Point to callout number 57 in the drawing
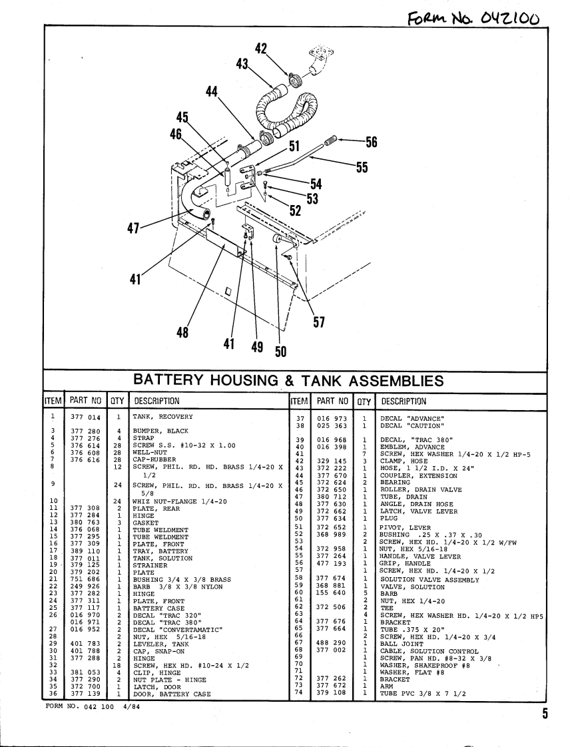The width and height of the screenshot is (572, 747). tap(318, 323)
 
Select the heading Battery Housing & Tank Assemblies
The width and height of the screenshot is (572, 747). tap(288, 380)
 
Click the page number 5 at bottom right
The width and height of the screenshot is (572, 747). tap(544, 714)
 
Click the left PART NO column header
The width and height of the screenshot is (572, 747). tap(85, 401)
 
